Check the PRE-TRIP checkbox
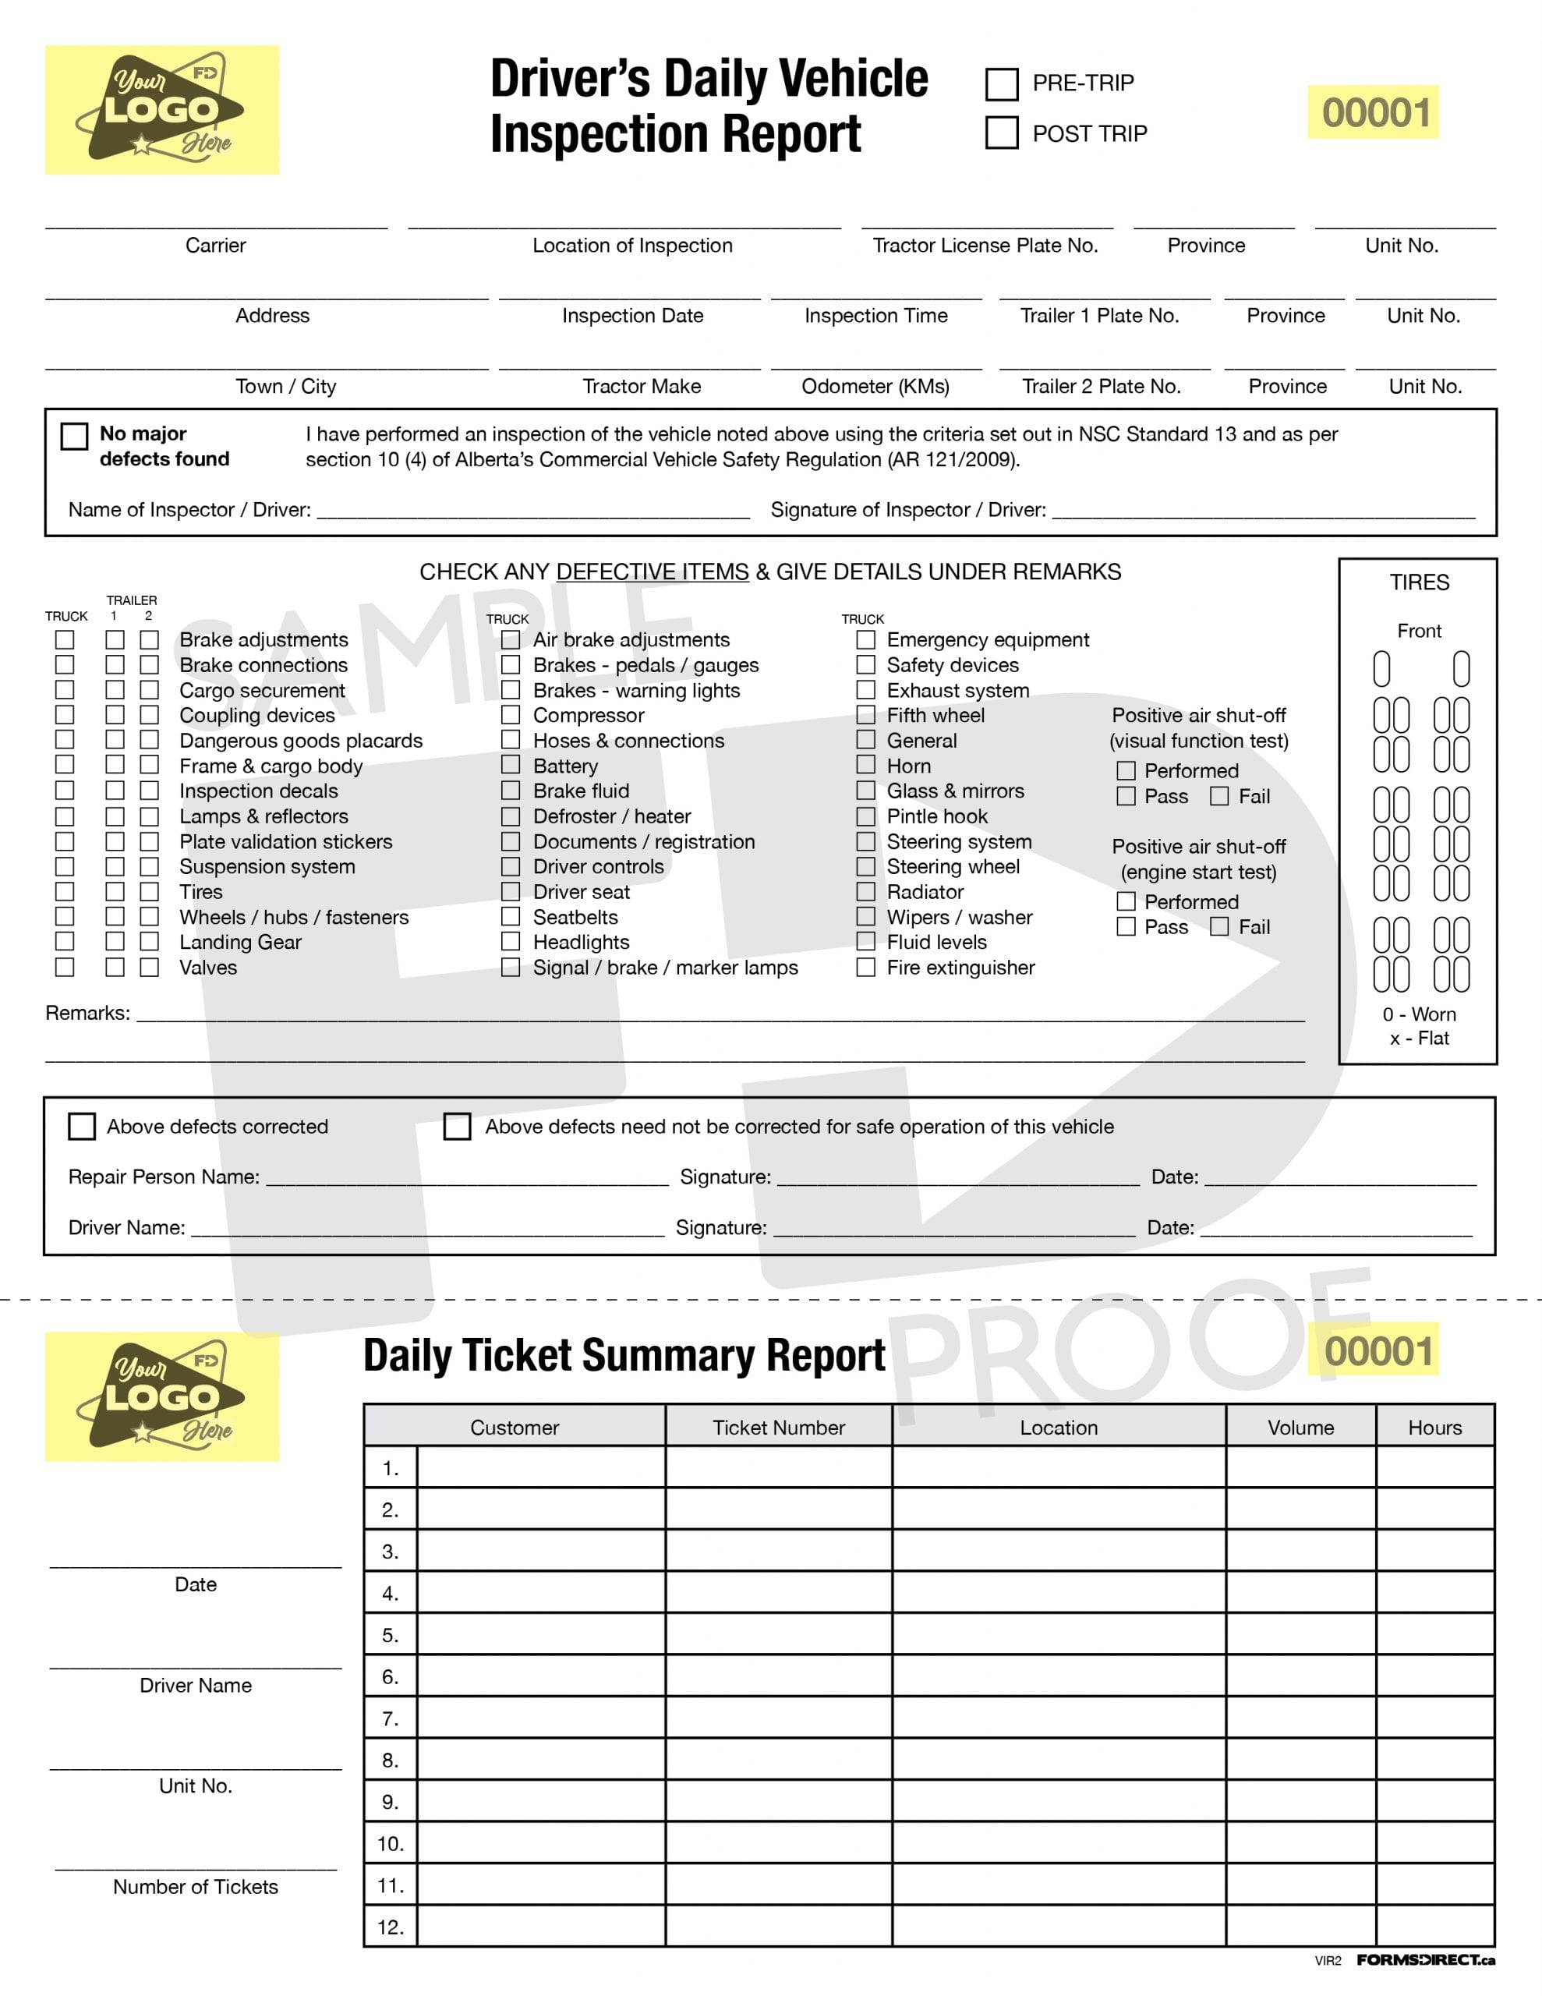pyautogui.click(x=1002, y=84)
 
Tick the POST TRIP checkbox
pyautogui.click(x=1002, y=133)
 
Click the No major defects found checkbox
pyautogui.click(x=74, y=436)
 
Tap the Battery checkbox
pyautogui.click(x=511, y=765)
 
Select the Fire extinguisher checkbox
pyautogui.click(x=865, y=967)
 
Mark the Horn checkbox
pyautogui.click(x=865, y=765)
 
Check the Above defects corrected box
pyautogui.click(x=83, y=1126)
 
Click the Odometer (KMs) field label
pyautogui.click(x=875, y=387)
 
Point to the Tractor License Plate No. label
pyautogui.click(x=985, y=246)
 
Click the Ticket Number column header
pyautogui.click(x=779, y=1428)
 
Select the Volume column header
pyautogui.click(x=1300, y=1428)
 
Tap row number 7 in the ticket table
pyautogui.click(x=391, y=1719)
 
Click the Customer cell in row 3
pyautogui.click(x=541, y=1552)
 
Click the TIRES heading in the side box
pyautogui.click(x=1419, y=583)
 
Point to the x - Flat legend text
pyautogui.click(x=1419, y=1039)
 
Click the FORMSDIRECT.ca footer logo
pyautogui.click(x=1425, y=1960)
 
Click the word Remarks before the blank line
pyautogui.click(x=87, y=1014)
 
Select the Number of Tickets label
pyautogui.click(x=196, y=1888)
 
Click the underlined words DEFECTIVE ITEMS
pyautogui.click(x=652, y=572)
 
